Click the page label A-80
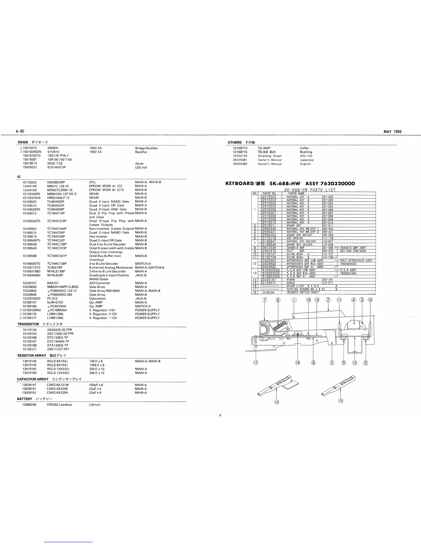pos(20,131)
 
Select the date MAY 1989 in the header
pos(392,131)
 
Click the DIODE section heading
pos(23,142)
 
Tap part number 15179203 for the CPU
pos(30,182)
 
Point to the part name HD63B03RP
pos(56,182)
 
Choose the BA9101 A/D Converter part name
pos(53,283)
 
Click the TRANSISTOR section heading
pos(28,324)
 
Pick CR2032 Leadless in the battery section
pos(60,405)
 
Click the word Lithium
pos(95,405)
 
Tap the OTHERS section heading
pos(235,142)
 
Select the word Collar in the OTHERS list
pos(304,148)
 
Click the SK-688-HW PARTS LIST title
pos(310,190)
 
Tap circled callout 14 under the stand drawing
pos(277,402)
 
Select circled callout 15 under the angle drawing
pos(341,400)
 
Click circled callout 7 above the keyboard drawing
pos(264,300)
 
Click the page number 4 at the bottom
pos(220,415)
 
